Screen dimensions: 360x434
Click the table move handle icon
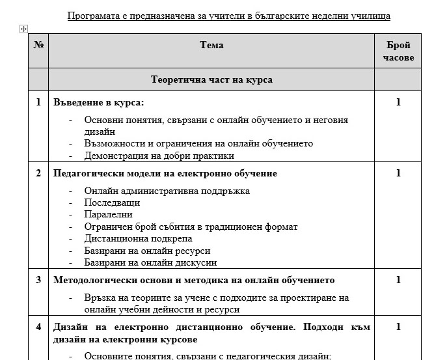pyautogui.click(x=23, y=29)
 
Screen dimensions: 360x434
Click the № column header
pyautogui.click(x=38, y=46)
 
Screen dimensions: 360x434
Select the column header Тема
pyautogui.click(x=211, y=46)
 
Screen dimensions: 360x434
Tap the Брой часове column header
pyautogui.click(x=398, y=51)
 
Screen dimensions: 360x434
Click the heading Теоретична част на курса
pyautogui.click(x=211, y=80)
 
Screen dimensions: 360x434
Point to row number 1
pyautogui.click(x=38, y=102)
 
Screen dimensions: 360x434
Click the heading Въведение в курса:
pyautogui.click(x=98, y=102)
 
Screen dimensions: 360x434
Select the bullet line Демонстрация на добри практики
pyautogui.click(x=159, y=156)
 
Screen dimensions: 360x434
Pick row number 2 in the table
pyautogui.click(x=38, y=174)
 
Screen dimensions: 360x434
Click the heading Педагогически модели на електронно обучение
pyautogui.click(x=165, y=174)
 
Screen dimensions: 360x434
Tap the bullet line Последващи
pyautogui.click(x=112, y=202)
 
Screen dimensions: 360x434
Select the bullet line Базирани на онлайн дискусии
pyautogui.click(x=150, y=262)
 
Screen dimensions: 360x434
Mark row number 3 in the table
pyautogui.click(x=38, y=281)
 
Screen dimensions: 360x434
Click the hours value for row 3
pyautogui.click(x=398, y=281)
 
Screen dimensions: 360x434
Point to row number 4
pyautogui.click(x=38, y=327)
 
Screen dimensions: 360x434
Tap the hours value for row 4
pyautogui.click(x=398, y=327)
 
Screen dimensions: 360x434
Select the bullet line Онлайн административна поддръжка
pyautogui.click(x=167, y=191)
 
